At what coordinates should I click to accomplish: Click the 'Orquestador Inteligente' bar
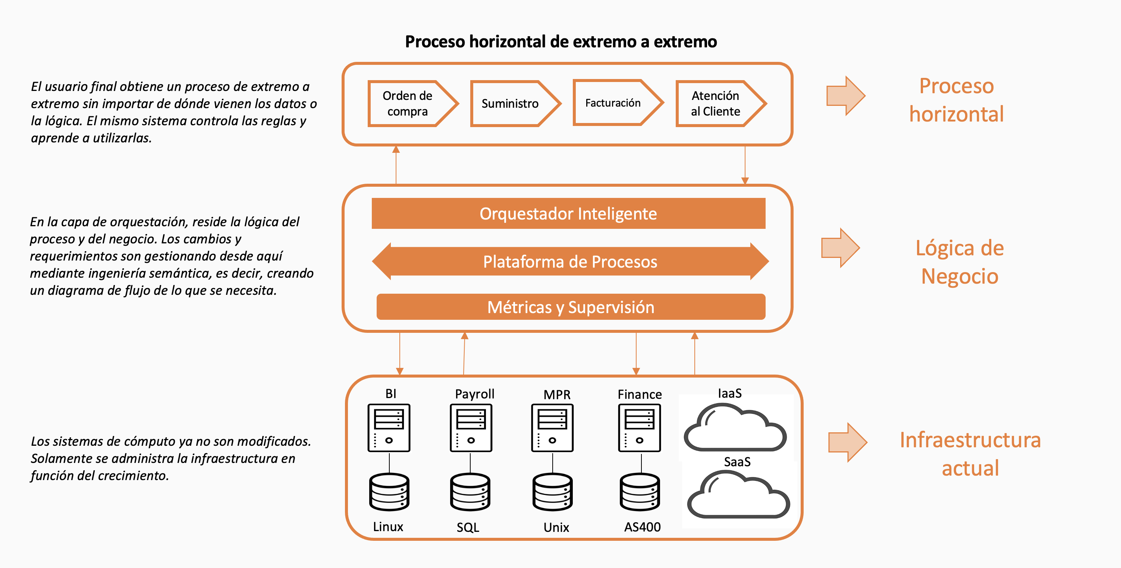(x=568, y=214)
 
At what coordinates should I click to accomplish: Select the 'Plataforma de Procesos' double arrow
(x=570, y=261)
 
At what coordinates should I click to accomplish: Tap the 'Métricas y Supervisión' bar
(x=571, y=307)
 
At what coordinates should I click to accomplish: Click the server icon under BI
(x=389, y=428)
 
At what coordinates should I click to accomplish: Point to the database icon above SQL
(x=470, y=492)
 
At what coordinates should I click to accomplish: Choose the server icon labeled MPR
(x=552, y=428)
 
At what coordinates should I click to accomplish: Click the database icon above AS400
(x=640, y=492)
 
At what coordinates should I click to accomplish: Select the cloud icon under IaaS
(x=735, y=427)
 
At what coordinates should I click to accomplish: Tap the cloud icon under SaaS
(x=738, y=495)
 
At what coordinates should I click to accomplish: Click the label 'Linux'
(x=388, y=527)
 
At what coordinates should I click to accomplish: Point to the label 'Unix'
(x=556, y=527)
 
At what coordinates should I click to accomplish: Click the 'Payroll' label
(x=475, y=394)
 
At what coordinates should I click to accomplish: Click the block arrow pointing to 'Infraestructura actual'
(x=848, y=442)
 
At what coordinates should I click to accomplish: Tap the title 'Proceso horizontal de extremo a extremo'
(x=561, y=42)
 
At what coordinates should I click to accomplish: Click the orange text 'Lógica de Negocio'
(x=960, y=262)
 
